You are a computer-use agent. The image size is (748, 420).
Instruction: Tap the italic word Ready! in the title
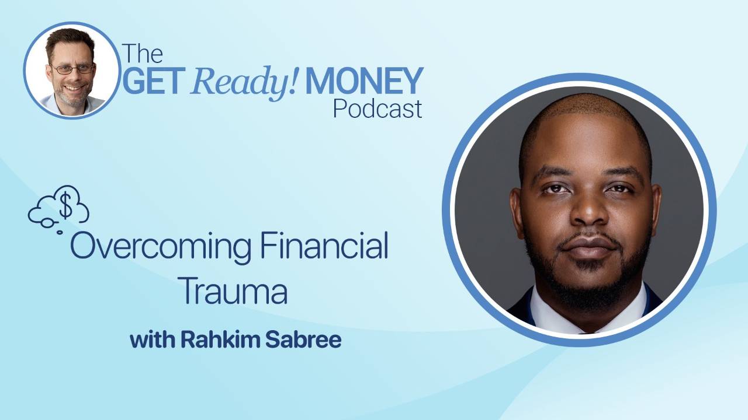[241, 82]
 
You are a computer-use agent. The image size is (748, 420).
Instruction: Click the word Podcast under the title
[377, 109]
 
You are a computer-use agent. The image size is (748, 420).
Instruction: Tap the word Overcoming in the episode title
[161, 247]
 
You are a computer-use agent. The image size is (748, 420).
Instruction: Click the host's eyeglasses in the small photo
[73, 69]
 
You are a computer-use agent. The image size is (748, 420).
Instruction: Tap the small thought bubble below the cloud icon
[59, 232]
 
